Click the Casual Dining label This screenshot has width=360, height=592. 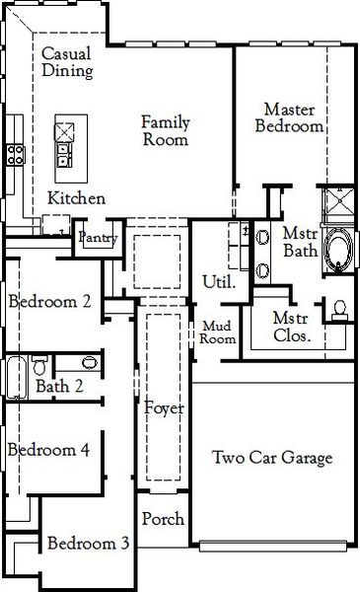(x=67, y=62)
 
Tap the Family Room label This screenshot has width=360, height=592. (x=164, y=130)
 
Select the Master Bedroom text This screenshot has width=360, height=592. (x=289, y=116)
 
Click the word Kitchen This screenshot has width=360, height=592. (x=76, y=198)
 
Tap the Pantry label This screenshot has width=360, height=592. (x=98, y=238)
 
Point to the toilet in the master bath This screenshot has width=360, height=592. (x=340, y=311)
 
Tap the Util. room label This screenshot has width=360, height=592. (x=218, y=281)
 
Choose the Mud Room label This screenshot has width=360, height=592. (x=219, y=332)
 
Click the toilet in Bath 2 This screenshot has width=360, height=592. (x=38, y=364)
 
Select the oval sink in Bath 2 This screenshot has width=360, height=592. (x=89, y=362)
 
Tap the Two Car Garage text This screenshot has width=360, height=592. (x=272, y=458)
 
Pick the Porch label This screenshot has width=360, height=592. (x=162, y=519)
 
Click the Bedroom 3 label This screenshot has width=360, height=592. (x=88, y=544)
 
